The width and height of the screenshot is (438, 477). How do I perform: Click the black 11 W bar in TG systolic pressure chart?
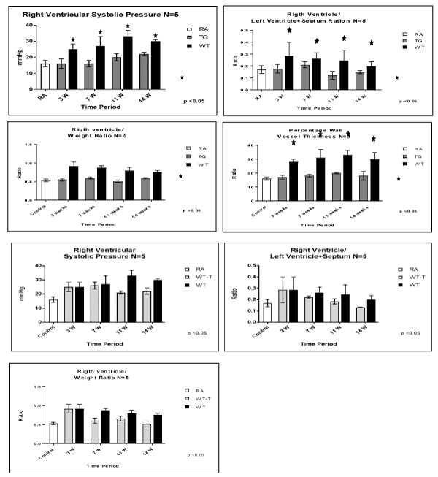[x=128, y=62]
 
